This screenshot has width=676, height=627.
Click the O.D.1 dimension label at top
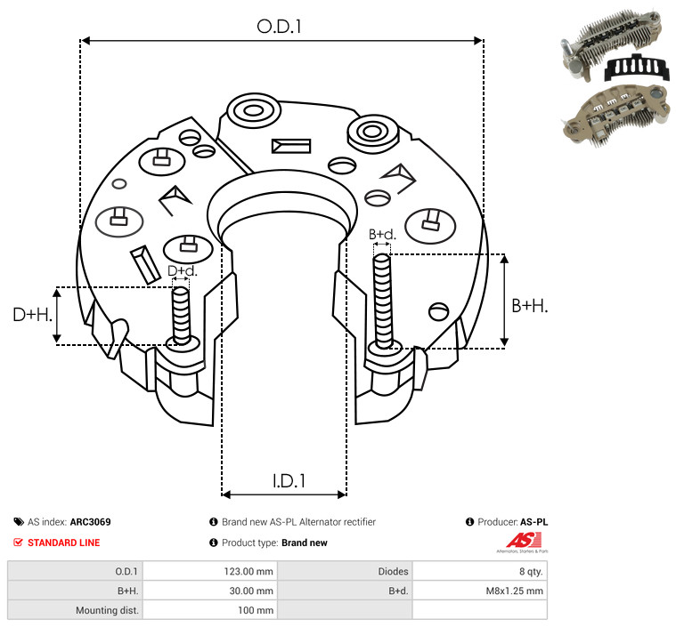coord(279,27)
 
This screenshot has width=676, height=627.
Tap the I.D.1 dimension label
coord(289,481)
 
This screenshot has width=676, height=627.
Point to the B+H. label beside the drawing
coord(529,306)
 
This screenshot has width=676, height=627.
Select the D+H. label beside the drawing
coord(32,315)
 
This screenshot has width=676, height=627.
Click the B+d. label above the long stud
coord(382,234)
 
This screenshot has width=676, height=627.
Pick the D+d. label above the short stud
coord(182,271)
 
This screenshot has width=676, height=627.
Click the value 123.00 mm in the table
coord(248,572)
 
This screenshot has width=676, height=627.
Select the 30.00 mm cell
coord(251,591)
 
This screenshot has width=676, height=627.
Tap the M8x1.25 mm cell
coord(514,591)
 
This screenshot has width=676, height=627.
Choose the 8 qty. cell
coord(531,572)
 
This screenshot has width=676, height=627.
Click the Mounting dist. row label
coord(107,610)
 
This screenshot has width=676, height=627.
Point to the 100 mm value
coord(256,610)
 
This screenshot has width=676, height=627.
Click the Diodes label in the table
coord(393,572)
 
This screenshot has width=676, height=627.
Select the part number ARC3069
coord(91,522)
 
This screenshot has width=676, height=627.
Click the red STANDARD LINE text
coord(64,543)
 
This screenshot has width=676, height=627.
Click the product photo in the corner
coord(615,77)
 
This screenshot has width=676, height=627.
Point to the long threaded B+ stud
coord(383,301)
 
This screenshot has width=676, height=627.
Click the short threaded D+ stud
coord(181,316)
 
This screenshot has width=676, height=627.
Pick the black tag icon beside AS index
coord(19,522)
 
